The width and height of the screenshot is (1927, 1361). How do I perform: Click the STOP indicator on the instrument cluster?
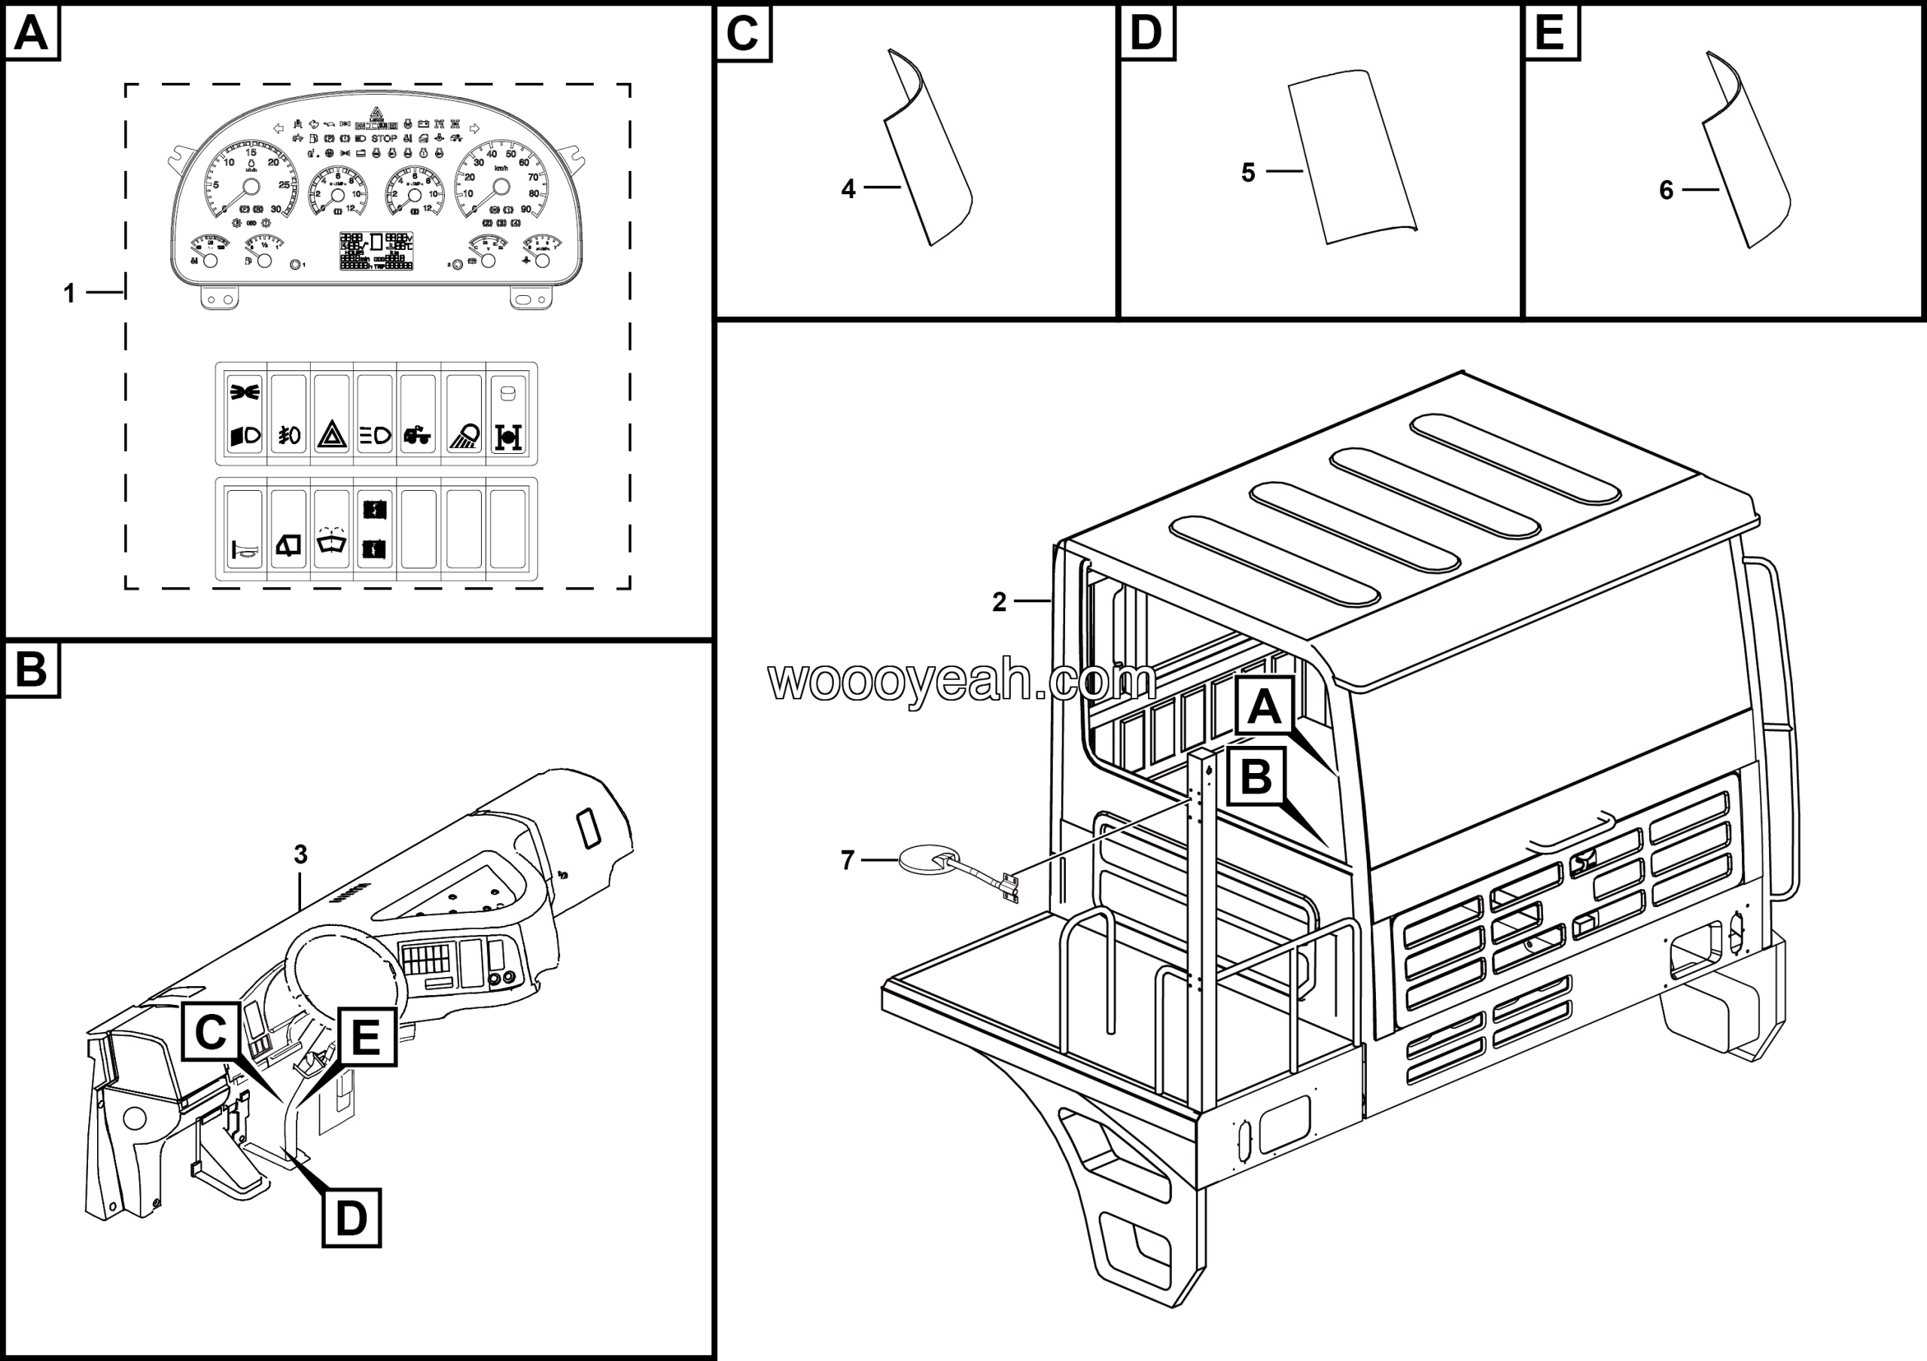385,139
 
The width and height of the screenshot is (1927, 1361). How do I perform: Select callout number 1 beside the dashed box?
70,294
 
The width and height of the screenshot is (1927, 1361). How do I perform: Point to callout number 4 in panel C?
848,190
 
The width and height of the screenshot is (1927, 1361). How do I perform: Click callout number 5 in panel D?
1248,173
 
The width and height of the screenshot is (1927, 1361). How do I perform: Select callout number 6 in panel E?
1666,190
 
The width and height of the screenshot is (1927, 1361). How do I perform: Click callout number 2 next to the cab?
999,601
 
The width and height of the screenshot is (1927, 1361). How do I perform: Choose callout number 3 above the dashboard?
300,854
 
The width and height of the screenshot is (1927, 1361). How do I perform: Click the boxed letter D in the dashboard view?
352,1217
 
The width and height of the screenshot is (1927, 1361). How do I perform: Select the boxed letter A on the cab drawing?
1264,707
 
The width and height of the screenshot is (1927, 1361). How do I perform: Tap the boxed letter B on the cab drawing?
1256,776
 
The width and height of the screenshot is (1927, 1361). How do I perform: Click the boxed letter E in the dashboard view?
366,1037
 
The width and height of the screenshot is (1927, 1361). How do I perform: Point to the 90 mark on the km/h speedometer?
526,209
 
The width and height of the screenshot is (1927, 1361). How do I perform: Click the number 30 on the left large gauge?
276,209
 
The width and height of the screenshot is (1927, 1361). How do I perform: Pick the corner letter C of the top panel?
742,34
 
